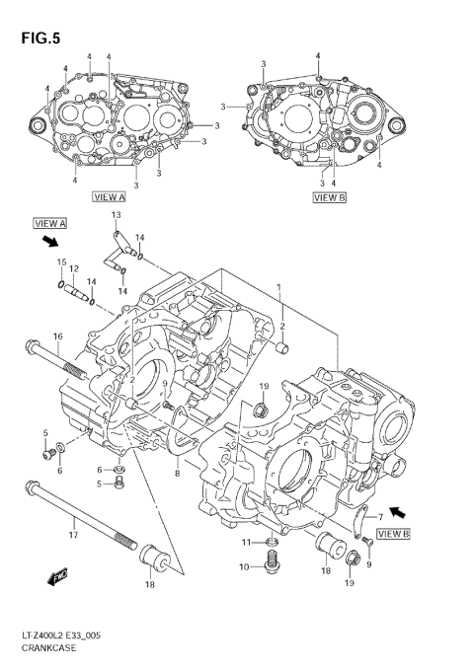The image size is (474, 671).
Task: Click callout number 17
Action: click(x=72, y=534)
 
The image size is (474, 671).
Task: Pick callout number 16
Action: click(x=58, y=336)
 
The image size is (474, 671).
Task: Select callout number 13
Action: click(x=116, y=215)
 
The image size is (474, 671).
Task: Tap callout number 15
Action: click(x=61, y=262)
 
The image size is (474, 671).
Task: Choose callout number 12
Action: click(x=73, y=268)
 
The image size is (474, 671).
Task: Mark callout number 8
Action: click(x=178, y=474)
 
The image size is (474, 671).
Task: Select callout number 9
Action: click(x=369, y=563)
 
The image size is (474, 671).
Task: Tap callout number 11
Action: click(x=247, y=544)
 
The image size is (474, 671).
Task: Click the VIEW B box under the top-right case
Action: click(x=329, y=197)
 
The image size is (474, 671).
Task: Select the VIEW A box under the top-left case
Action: click(x=109, y=197)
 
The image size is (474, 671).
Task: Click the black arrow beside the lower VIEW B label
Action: click(x=398, y=512)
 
